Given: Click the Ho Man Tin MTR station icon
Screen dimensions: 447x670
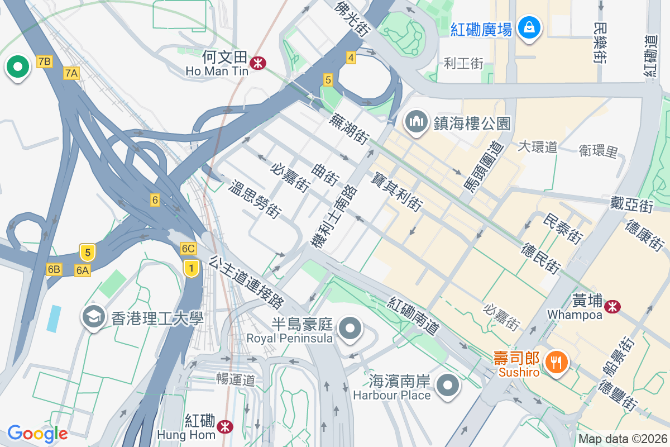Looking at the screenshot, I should [x=257, y=63].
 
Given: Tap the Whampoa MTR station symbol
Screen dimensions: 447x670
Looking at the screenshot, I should [x=613, y=306].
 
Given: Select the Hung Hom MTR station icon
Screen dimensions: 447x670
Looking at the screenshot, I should [x=225, y=427].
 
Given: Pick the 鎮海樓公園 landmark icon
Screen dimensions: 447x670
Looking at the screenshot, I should [x=417, y=122].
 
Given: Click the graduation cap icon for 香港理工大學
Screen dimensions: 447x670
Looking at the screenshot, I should [x=93, y=317].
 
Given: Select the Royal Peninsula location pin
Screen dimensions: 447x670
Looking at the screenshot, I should [x=351, y=327].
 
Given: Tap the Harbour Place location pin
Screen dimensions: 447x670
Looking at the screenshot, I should [x=448, y=385].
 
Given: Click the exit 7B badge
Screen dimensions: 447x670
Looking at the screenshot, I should [x=45, y=61].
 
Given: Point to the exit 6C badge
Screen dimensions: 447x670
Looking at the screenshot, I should [x=188, y=249].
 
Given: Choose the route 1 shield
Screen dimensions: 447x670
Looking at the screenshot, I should [x=192, y=268].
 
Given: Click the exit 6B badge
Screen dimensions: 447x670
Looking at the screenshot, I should [x=54, y=269].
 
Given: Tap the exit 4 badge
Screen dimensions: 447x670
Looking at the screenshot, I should [x=351, y=58].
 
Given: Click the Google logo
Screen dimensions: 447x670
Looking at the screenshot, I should [x=37, y=434].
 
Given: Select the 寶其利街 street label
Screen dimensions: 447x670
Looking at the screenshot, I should [x=396, y=191].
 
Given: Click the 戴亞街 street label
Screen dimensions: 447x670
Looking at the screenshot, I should [x=631, y=205].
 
